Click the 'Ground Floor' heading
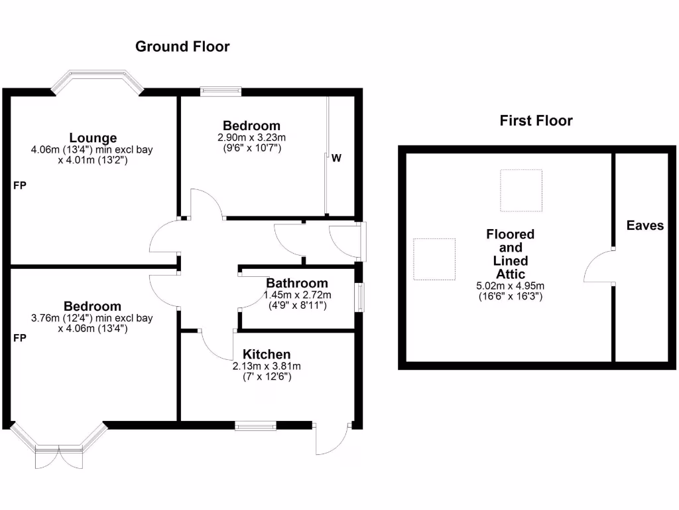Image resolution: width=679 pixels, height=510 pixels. (x=182, y=46)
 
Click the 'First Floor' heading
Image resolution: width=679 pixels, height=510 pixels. (x=536, y=120)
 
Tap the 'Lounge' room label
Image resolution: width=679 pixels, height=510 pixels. (x=93, y=138)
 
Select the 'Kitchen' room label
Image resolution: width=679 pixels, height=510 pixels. (x=267, y=354)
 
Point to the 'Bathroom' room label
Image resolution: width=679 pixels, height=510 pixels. (x=297, y=284)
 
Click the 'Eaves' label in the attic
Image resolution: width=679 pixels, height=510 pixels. (x=645, y=226)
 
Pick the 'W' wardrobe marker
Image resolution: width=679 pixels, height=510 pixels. (x=336, y=159)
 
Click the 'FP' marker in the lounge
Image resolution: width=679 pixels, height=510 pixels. (x=20, y=186)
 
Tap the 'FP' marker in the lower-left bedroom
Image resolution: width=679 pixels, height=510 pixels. (x=20, y=338)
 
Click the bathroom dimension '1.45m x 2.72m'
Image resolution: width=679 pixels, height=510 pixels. (x=297, y=295)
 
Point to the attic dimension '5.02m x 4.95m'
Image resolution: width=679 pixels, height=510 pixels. (x=510, y=286)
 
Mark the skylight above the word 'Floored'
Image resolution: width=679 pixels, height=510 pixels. (x=521, y=191)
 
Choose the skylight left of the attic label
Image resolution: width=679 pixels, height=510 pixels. (x=434, y=259)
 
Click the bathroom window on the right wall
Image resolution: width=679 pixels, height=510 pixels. (x=359, y=297)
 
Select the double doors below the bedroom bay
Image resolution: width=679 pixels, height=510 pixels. (x=60, y=458)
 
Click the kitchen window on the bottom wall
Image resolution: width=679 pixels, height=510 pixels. (x=255, y=425)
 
